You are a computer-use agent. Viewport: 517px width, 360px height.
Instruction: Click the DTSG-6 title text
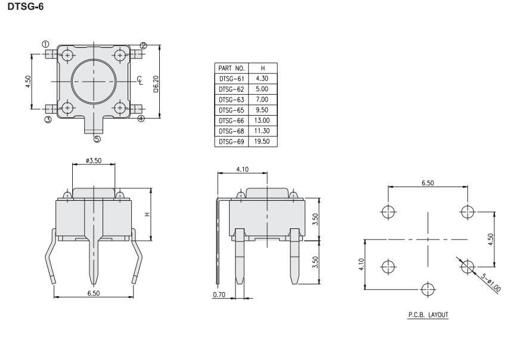pos(26,7)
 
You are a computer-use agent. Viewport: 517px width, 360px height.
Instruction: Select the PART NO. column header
pos(231,68)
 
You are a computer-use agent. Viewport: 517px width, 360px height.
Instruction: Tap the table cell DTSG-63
pos(231,100)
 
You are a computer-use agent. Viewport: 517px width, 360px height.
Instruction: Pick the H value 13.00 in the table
pos(262,120)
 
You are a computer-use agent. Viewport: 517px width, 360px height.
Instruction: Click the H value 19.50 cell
pos(262,141)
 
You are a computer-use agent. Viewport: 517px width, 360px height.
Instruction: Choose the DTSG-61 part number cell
pos(231,79)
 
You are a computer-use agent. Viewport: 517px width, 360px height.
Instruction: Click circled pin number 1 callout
pos(45,44)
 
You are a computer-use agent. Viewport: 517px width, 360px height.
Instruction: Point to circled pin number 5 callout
pos(97,139)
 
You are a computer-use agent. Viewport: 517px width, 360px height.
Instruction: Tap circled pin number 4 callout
pos(141,119)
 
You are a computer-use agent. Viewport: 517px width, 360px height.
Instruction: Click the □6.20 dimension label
pos(156,83)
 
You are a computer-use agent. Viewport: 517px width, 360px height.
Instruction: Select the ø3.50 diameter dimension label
pos(94,160)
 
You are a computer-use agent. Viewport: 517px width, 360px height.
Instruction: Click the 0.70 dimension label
pos(219,294)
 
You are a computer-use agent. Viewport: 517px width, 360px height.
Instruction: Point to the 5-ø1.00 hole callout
pos(491,283)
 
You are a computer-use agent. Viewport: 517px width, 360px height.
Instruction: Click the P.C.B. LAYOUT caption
pos(428,315)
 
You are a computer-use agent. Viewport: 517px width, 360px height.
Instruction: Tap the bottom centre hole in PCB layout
pos(428,290)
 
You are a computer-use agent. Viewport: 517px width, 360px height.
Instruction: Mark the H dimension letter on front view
pos(147,215)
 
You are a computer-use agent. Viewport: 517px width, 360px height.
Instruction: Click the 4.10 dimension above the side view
pos(242,169)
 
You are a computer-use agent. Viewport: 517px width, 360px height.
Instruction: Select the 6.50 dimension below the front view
pos(94,293)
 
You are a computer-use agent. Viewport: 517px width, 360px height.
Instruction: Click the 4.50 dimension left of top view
pos(28,82)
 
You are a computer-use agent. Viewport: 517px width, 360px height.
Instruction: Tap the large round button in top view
pos(94,82)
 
